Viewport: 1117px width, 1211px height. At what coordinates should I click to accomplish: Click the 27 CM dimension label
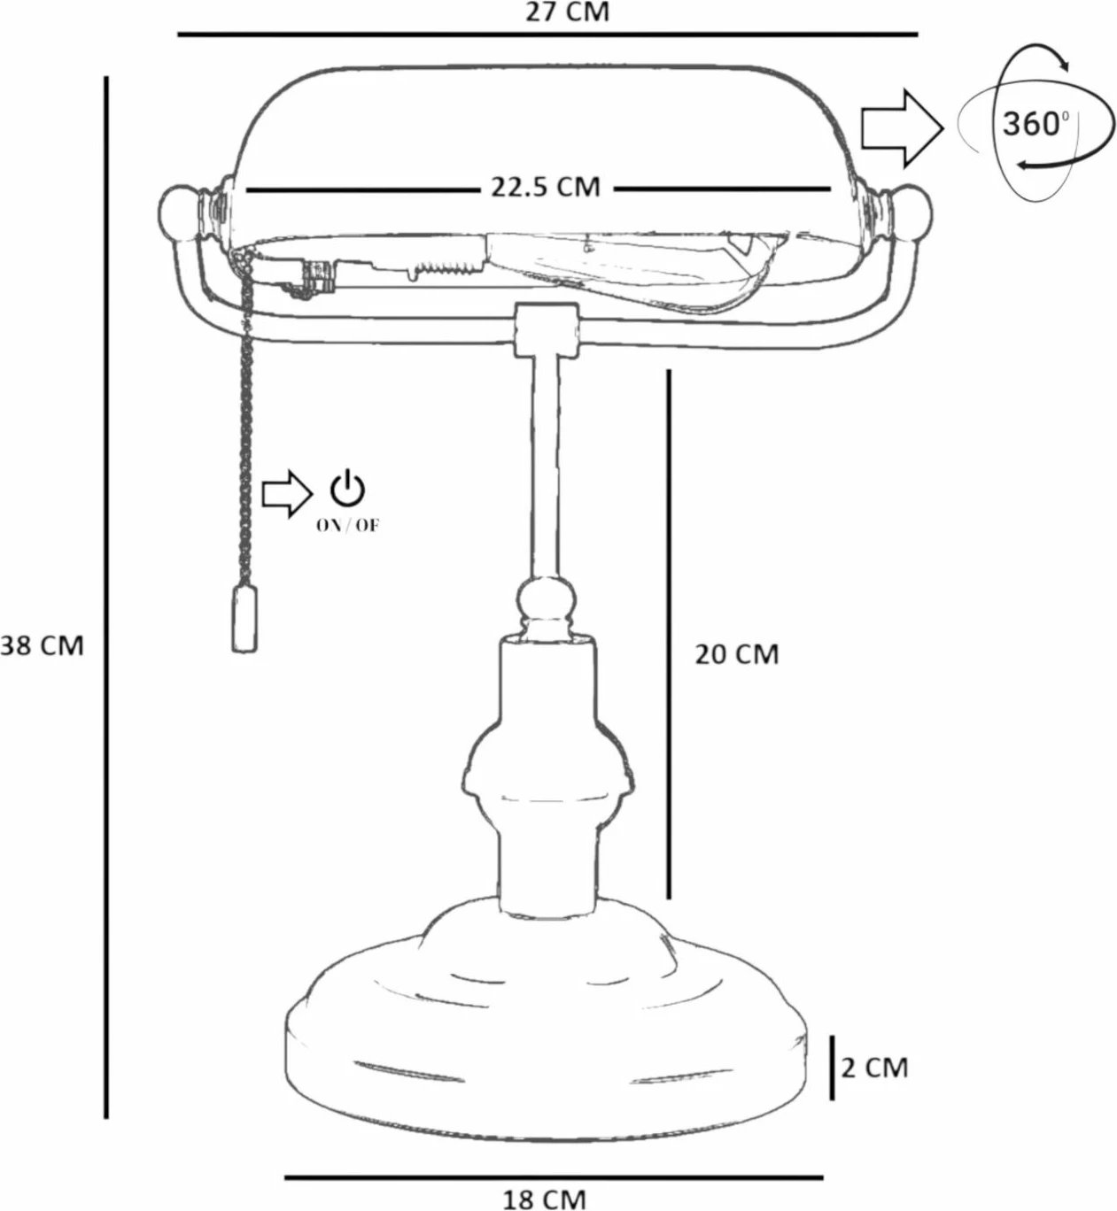tap(567, 12)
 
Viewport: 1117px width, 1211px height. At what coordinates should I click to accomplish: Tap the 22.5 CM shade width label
tap(546, 187)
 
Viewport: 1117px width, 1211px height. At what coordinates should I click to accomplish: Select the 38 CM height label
tap(43, 645)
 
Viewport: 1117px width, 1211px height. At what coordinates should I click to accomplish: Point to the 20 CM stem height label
tap(737, 654)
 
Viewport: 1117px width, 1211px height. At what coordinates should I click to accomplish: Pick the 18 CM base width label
tap(544, 1199)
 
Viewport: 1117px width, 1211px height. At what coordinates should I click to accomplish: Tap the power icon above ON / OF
tap(348, 488)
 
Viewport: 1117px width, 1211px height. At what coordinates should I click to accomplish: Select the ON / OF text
tap(348, 526)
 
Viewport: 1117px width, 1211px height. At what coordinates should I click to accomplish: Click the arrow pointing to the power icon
tap(287, 494)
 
